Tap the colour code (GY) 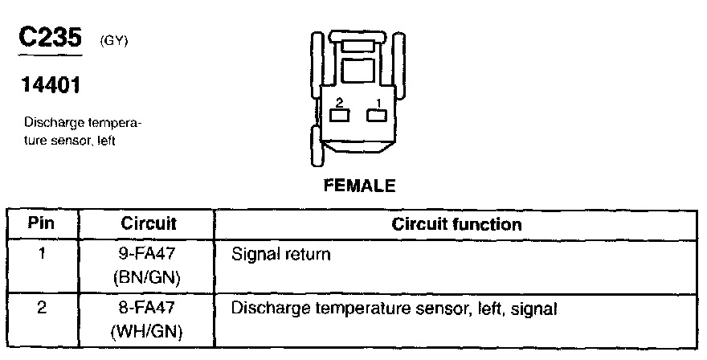[x=113, y=42]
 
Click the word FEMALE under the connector [x=359, y=186]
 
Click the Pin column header [x=43, y=223]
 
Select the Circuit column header [x=149, y=223]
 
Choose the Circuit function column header [x=456, y=223]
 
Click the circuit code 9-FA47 [x=149, y=256]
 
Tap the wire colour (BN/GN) [x=149, y=278]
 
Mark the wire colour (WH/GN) [x=149, y=329]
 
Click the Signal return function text [x=280, y=256]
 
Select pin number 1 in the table [x=43, y=256]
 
